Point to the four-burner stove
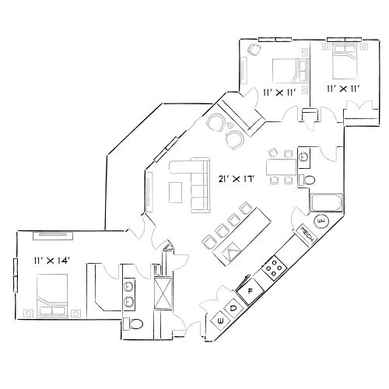275,269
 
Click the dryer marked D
233,307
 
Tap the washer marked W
221,320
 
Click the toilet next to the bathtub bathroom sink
309,180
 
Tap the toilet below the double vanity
134,323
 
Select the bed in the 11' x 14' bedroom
55,300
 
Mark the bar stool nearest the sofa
209,239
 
